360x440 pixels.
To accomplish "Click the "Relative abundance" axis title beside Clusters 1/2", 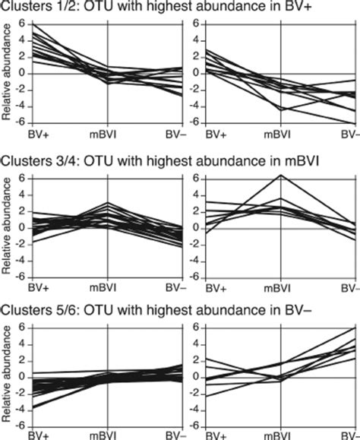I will [7, 73].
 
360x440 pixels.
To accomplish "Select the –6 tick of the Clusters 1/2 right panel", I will [193, 122].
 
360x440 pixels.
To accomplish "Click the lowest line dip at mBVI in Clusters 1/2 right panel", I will [282, 110].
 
